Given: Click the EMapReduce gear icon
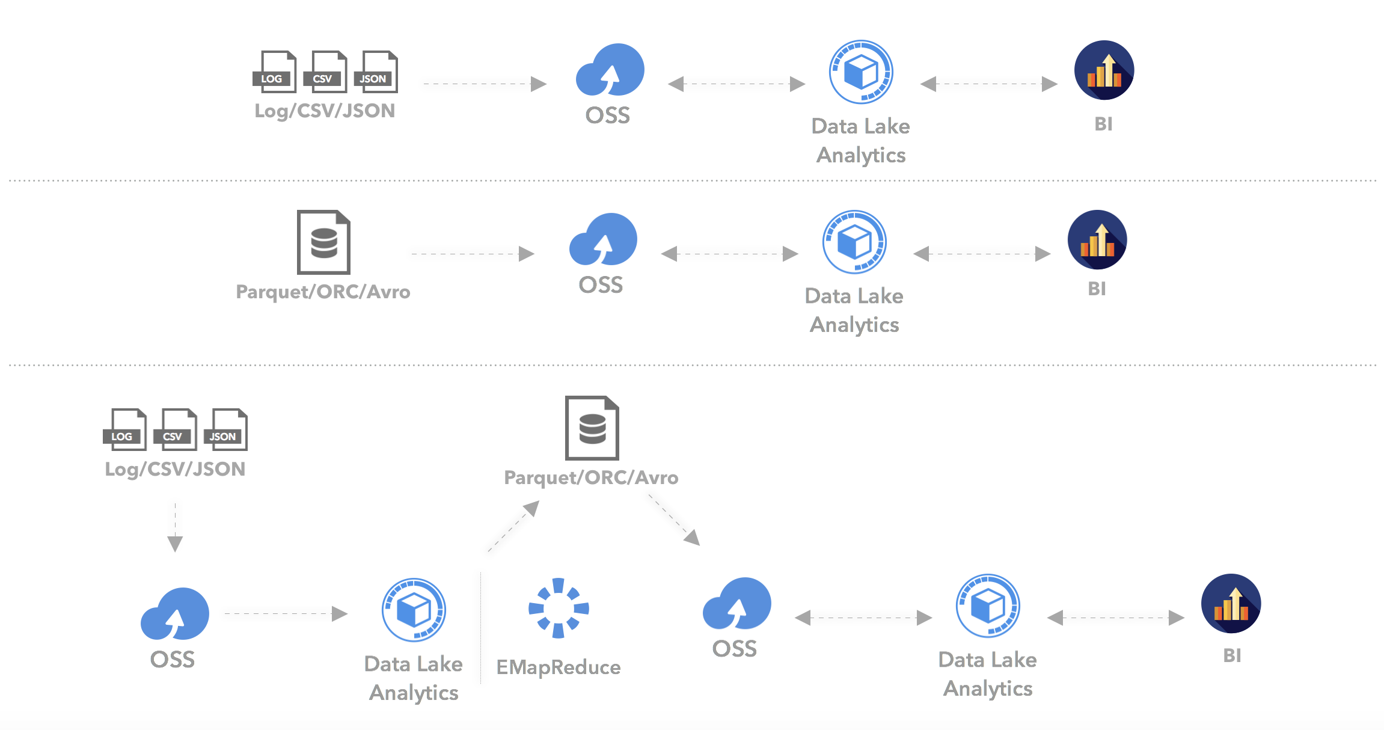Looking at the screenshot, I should (x=559, y=608).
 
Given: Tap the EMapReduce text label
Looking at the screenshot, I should (x=559, y=667).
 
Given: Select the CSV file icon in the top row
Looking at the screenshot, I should (x=325, y=72).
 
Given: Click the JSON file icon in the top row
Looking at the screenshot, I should (x=376, y=72).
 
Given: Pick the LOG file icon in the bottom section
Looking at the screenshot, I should (x=125, y=429).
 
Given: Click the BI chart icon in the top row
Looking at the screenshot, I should (x=1104, y=70).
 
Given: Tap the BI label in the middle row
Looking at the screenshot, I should (x=1097, y=289).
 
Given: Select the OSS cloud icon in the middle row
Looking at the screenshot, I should (x=603, y=240).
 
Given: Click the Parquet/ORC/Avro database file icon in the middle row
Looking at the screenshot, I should (x=324, y=242).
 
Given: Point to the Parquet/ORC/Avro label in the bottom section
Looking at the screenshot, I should (x=591, y=478).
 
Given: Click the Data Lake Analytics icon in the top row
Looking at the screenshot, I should (x=861, y=72).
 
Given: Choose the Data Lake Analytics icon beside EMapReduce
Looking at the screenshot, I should (x=414, y=610).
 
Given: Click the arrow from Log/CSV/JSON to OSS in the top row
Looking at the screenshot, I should (x=484, y=84).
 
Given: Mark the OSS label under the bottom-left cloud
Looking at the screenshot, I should (x=173, y=660).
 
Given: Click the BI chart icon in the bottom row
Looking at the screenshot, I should (x=1231, y=604).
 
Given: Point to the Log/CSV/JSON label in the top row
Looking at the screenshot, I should (x=325, y=111).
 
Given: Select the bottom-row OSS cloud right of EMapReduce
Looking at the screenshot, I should (x=736, y=604).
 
